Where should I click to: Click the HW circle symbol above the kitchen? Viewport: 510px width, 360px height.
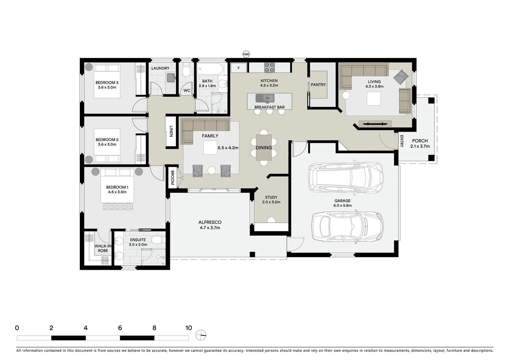(246, 54)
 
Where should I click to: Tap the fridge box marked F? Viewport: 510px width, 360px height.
(238, 68)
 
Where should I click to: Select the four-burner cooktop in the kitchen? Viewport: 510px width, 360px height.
(270, 67)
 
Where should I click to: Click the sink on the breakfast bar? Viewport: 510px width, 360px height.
(265, 98)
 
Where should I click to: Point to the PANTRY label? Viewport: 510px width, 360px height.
(318, 85)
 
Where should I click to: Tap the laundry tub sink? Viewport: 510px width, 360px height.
(171, 78)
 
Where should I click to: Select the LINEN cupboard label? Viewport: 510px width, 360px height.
(171, 131)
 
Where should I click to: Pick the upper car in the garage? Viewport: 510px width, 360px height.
(345, 177)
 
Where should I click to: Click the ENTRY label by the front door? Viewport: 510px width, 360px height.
(402, 141)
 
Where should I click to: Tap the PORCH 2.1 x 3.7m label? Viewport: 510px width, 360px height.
(420, 143)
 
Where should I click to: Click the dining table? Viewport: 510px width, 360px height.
(264, 147)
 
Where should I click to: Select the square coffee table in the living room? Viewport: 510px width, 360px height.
(374, 98)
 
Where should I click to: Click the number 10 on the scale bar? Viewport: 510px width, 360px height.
(188, 328)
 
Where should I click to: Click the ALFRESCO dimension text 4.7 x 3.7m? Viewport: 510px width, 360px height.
(210, 228)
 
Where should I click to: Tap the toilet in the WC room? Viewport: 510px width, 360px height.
(187, 70)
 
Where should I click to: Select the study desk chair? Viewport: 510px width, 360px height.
(271, 219)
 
